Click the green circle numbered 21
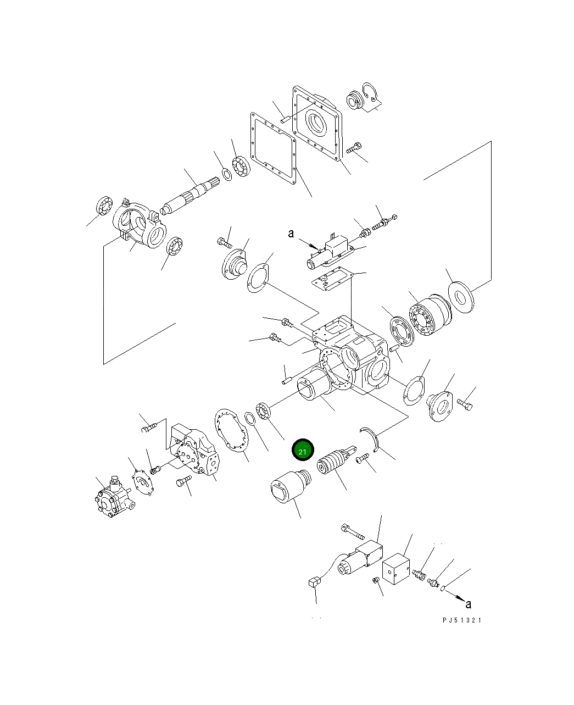coord(302,450)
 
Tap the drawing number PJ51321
coord(461,620)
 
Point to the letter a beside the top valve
coord(291,234)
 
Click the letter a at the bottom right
coord(468,604)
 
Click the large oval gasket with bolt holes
coord(231,431)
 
